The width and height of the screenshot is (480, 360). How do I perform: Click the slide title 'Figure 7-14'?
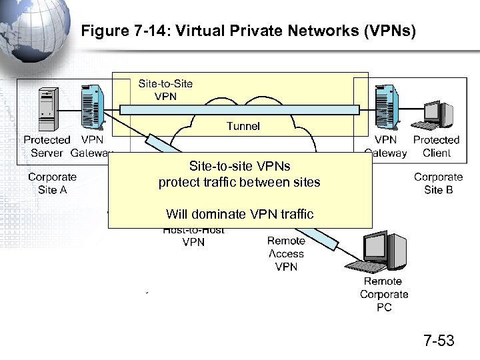coord(247,31)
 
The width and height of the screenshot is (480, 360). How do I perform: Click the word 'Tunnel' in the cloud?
coord(243,125)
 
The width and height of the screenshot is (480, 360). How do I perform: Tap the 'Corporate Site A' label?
coord(52,183)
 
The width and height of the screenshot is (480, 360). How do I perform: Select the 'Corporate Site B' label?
coord(438,183)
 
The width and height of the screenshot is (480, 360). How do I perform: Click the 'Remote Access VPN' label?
coord(286,254)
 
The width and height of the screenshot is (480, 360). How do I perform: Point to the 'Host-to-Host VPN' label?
coord(193,237)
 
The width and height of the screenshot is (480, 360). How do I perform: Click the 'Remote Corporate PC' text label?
coord(384,294)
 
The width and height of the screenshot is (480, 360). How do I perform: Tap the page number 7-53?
coord(439,341)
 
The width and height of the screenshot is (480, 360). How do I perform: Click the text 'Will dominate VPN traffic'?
coord(239,214)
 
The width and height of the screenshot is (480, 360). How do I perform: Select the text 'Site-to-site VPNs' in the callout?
coord(239,166)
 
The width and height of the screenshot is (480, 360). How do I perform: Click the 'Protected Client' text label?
coord(436,146)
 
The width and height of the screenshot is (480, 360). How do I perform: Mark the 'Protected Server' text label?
coord(47,146)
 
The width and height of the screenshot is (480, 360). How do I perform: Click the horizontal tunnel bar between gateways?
coord(240,109)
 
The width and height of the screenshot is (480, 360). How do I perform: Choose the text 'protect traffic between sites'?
coord(239,183)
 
